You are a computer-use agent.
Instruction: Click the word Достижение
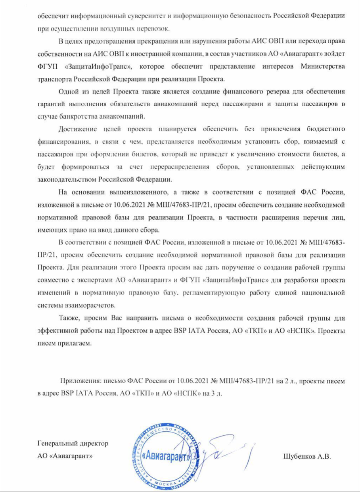[x=78, y=129]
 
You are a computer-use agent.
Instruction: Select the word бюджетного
[x=327, y=129]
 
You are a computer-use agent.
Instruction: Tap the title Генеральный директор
[x=73, y=444]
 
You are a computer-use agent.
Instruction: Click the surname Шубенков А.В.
[x=307, y=456]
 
